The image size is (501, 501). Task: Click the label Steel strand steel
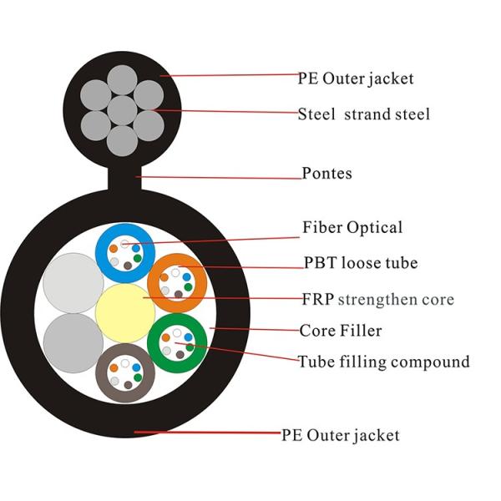pos(364,114)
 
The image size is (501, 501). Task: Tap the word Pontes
pos(326,175)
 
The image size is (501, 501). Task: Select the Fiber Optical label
pos(352,227)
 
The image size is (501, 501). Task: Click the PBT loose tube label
pos(361,263)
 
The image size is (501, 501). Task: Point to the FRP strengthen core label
pos(377,298)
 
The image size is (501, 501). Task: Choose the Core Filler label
pos(341,331)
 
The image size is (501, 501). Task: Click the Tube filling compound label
pos(383,362)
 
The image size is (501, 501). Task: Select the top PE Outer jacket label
pos(356,79)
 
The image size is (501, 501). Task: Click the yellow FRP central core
pos(125,311)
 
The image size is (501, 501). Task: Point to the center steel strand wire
pos(123,109)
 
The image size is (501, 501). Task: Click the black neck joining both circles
pos(124,177)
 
